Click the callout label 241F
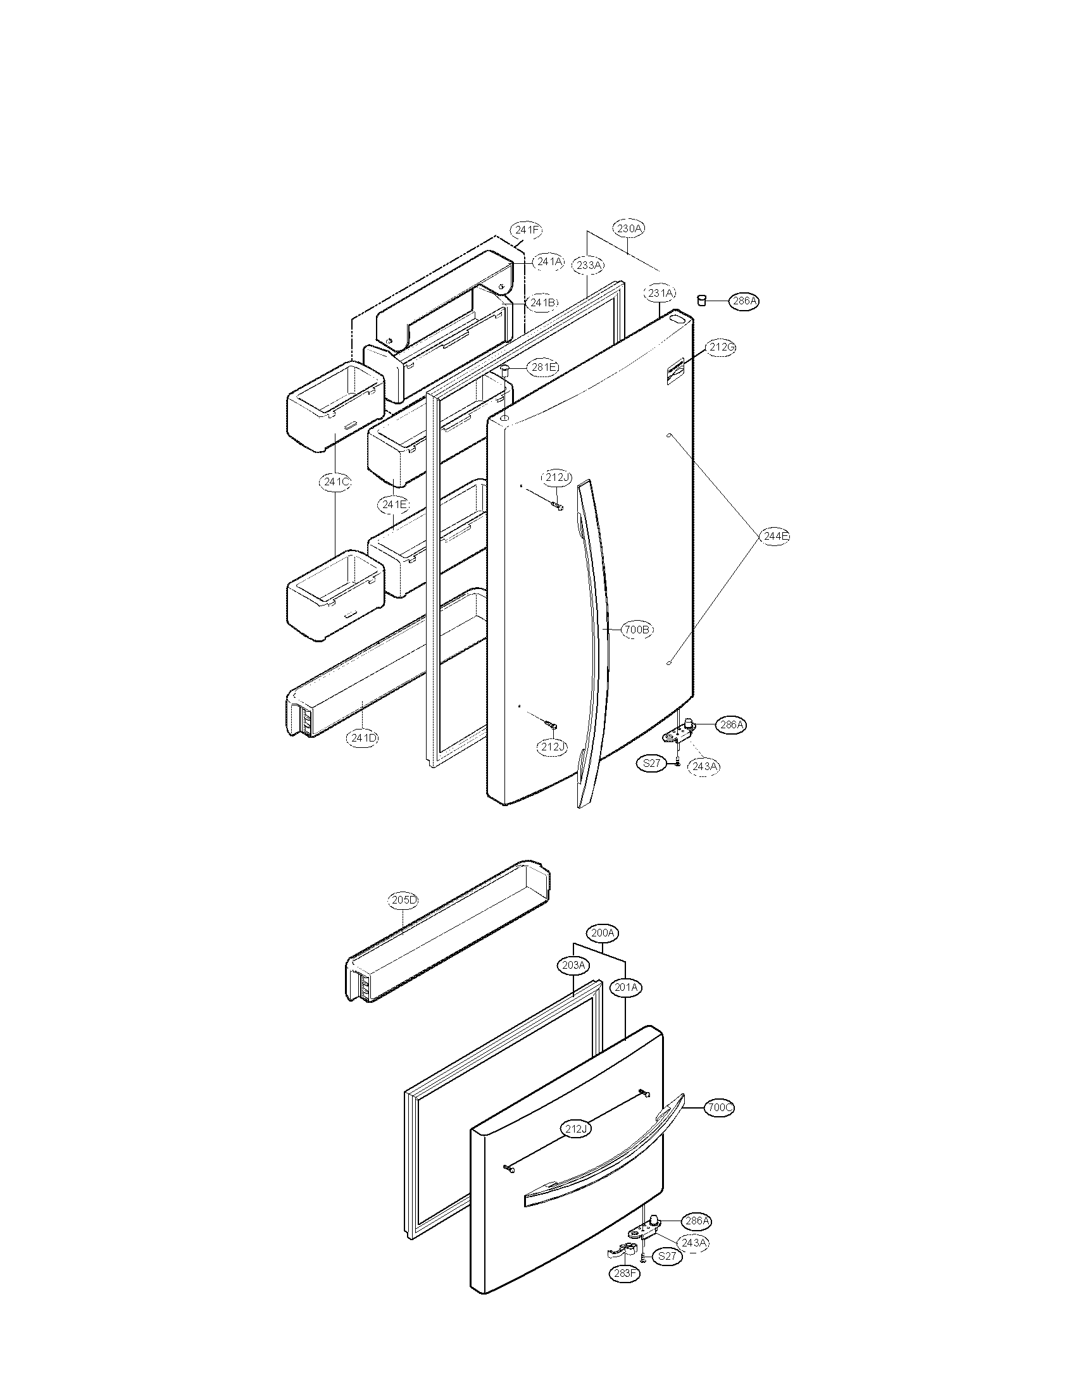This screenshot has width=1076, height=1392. tap(527, 230)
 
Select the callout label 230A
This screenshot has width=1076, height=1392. tap(629, 228)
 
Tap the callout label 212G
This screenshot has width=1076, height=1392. tap(721, 347)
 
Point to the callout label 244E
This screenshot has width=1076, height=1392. tap(775, 537)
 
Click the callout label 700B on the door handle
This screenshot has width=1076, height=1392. tap(637, 630)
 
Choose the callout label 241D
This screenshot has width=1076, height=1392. tap(363, 738)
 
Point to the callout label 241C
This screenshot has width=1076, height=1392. tap(335, 482)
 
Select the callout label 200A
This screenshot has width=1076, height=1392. tap(603, 933)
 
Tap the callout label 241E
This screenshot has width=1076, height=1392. tap(393, 505)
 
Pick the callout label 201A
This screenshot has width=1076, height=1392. tap(625, 987)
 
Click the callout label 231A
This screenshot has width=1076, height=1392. tap(660, 293)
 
